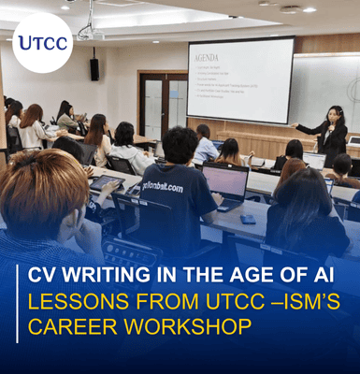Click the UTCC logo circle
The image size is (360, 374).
pyautogui.click(x=42, y=43)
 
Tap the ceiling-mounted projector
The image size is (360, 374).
pyautogui.click(x=90, y=34)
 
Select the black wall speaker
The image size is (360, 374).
pyautogui.click(x=94, y=68)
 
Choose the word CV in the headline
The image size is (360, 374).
pyautogui.click(x=41, y=276)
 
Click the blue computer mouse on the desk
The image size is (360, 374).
pyautogui.click(x=247, y=217)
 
